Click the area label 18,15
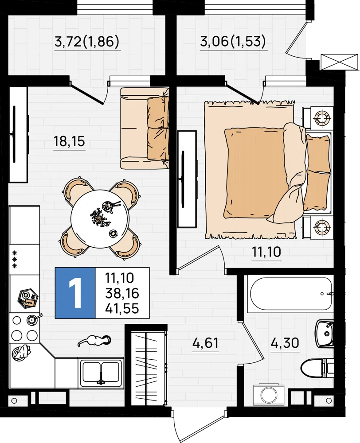click(69, 141)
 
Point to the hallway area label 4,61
click(205, 343)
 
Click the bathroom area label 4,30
click(285, 343)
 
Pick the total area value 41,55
click(122, 308)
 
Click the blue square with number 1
click(75, 293)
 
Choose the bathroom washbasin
click(324, 334)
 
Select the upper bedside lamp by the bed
click(322, 118)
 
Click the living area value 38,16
click(122, 293)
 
